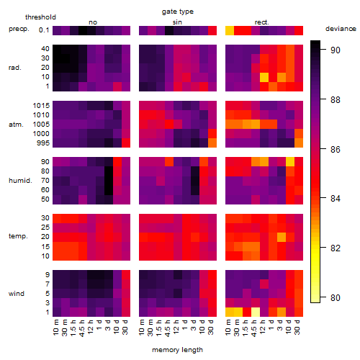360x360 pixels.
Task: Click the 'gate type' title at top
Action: (178, 12)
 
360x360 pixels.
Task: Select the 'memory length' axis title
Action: (177, 350)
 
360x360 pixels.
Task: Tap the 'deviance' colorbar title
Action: (341, 29)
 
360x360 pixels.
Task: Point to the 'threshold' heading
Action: (40, 17)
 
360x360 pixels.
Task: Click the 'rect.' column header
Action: (262, 22)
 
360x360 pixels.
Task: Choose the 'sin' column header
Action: (177, 22)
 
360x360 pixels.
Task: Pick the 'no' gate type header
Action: (93, 22)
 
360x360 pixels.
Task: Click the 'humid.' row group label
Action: (20, 181)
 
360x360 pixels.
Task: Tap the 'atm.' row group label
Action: (16, 125)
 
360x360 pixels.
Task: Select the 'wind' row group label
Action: (17, 294)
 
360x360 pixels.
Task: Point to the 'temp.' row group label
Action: (18, 236)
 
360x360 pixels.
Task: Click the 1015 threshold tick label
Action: (41, 106)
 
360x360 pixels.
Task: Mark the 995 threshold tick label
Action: (43, 143)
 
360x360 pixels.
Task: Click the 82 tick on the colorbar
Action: (336, 248)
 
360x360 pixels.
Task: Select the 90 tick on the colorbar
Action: (336, 50)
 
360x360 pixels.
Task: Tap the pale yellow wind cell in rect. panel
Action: (256, 312)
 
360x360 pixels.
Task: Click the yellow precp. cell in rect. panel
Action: (230, 30)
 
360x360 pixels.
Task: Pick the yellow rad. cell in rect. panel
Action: (264, 77)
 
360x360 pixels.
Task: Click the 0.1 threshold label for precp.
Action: (44, 30)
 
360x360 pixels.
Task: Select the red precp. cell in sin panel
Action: (212, 30)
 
